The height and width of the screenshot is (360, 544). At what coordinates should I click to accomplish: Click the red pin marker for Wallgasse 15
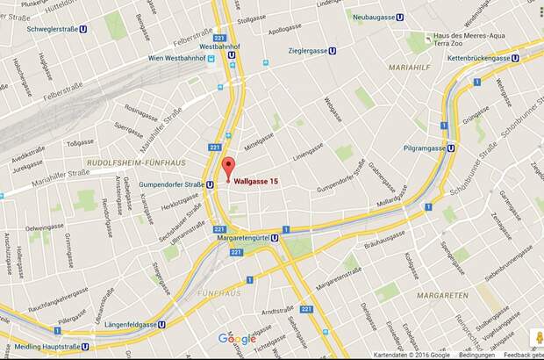[228, 168]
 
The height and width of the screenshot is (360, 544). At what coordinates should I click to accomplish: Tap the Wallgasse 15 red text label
[261, 180]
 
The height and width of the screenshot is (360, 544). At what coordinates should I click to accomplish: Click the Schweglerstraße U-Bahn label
[54, 27]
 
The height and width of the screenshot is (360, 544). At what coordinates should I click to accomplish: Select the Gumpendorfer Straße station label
[173, 184]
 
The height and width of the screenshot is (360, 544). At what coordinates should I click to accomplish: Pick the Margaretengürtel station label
[243, 235]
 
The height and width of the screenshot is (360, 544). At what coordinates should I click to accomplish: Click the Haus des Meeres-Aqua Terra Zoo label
[460, 40]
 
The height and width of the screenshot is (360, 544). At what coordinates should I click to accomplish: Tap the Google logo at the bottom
[237, 339]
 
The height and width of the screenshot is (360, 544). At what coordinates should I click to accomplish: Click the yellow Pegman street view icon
[533, 337]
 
